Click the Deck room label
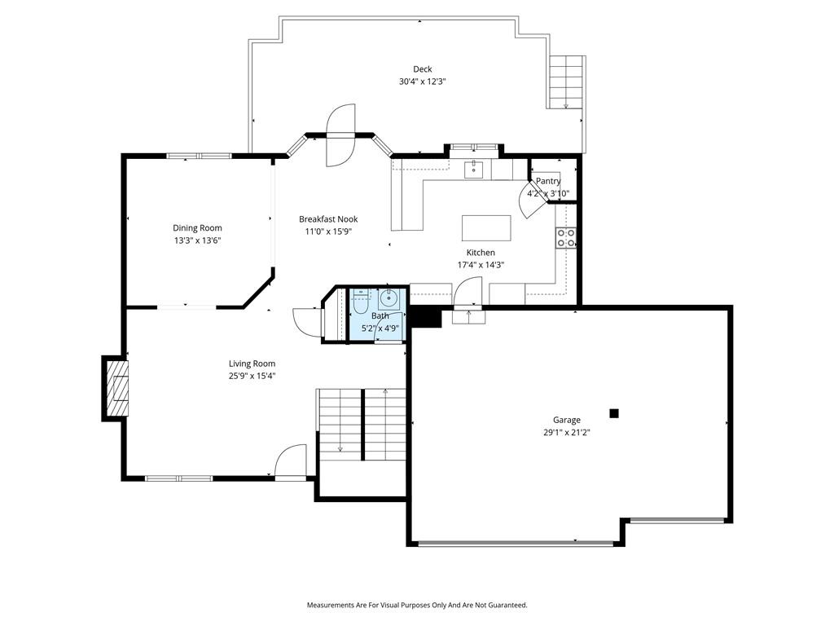click(x=423, y=69)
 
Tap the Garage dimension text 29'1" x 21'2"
click(x=567, y=433)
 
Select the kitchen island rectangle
click(x=486, y=228)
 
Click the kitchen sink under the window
click(x=473, y=170)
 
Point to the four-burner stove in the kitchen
click(x=566, y=238)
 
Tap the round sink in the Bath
click(x=388, y=298)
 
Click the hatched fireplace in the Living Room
click(x=117, y=389)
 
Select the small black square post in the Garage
click(x=614, y=413)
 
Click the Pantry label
click(x=548, y=181)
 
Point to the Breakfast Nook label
click(x=328, y=218)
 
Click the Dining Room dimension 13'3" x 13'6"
click(x=197, y=240)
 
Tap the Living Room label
click(x=252, y=364)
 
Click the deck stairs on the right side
click(x=566, y=82)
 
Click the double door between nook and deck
click(x=340, y=135)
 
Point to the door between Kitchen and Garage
click(x=467, y=293)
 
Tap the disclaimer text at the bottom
click(x=417, y=606)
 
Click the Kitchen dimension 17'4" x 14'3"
click(x=481, y=265)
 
